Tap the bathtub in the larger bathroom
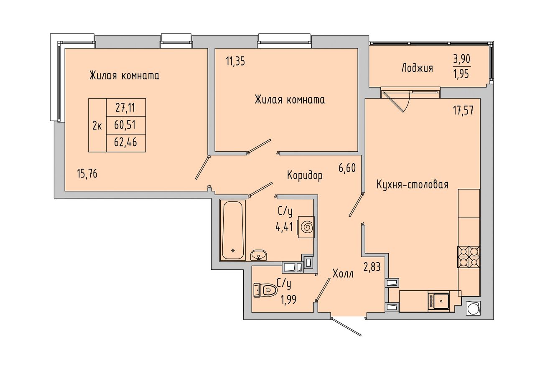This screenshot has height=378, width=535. click(233, 231)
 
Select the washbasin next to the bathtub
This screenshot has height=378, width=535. click(259, 256)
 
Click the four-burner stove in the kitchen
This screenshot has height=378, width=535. click(469, 257)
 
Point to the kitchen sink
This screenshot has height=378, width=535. click(439, 302)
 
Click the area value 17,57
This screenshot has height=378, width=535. click(464, 111)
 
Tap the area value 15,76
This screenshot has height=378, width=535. click(87, 173)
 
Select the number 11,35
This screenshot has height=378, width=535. click(235, 61)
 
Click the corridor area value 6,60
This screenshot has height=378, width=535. click(347, 168)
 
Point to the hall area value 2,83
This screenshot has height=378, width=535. click(372, 267)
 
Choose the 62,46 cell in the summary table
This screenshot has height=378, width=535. click(126, 143)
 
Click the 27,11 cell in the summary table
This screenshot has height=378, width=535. click(126, 107)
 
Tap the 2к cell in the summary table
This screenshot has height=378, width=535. click(97, 125)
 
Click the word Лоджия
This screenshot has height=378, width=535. click(417, 68)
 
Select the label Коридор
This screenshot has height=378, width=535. click(305, 176)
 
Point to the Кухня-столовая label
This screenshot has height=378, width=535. click(413, 185)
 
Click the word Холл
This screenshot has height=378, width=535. click(343, 274)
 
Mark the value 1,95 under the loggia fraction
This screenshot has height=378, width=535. click(462, 74)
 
